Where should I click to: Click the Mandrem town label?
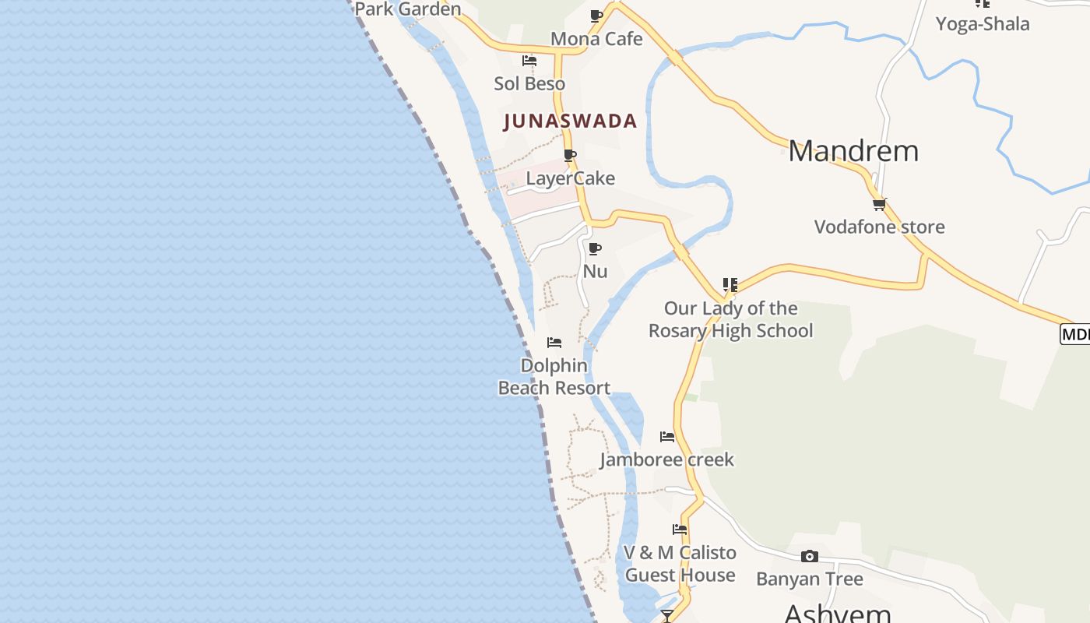(853, 150)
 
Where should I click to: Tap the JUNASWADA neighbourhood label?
(571, 121)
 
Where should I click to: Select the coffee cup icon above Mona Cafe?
(596, 16)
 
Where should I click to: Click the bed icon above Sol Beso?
(529, 61)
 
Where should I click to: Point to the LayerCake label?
(571, 178)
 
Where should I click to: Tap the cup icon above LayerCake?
(570, 155)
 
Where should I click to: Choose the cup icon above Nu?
(595, 248)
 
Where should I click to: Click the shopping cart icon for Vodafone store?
(879, 204)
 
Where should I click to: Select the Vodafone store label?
(879, 227)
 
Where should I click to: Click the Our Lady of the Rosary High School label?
(730, 319)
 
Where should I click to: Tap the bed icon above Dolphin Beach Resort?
(554, 343)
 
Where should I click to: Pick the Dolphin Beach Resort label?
(554, 376)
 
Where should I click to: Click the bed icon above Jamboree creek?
(667, 437)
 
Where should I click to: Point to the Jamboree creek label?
(667, 459)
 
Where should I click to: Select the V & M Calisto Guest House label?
(680, 564)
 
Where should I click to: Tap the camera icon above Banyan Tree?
(810, 556)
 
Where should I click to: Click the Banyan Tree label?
(810, 579)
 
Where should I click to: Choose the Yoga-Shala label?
(983, 23)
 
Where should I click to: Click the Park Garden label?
(408, 9)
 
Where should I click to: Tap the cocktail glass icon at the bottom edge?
(667, 616)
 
